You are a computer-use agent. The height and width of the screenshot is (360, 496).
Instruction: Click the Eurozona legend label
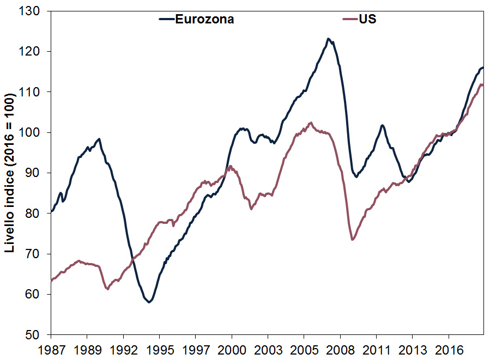204,19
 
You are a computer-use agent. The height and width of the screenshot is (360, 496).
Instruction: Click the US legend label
367,19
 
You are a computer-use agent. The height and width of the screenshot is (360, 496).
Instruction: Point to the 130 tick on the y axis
33,11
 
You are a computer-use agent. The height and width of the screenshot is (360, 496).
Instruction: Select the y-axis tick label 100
33,132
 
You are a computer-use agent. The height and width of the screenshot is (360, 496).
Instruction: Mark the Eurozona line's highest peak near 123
328,39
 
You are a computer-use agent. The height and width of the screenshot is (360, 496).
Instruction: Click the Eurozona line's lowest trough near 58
149,302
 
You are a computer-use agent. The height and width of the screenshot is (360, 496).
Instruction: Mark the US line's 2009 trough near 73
353,240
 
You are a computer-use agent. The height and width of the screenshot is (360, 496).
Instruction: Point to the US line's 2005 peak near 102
311,123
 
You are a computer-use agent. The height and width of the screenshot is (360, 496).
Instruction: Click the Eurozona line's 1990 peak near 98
99,139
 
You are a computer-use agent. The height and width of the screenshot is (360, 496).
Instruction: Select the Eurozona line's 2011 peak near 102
383,125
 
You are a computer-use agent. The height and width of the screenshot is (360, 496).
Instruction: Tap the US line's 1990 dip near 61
108,289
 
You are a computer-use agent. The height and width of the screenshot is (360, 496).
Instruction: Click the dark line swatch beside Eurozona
166,19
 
